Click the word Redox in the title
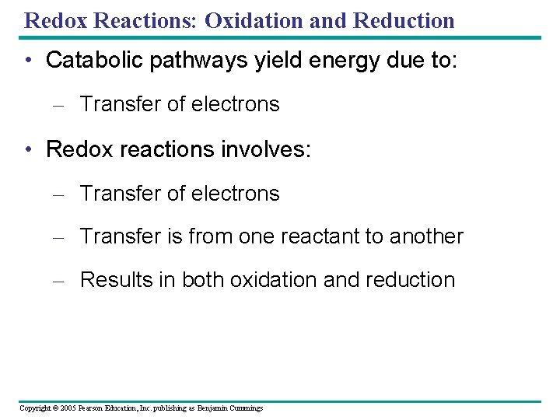pos(55,20)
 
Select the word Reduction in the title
pos(404,20)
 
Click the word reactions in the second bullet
pos(163,149)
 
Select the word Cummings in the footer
pos(245,408)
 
